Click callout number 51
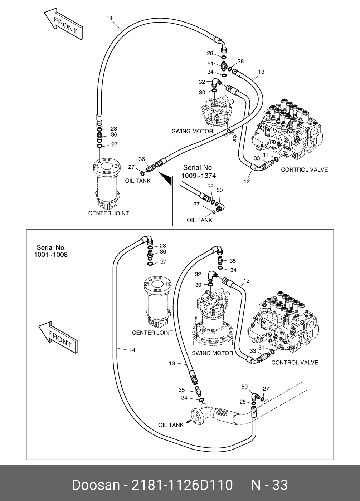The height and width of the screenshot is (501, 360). tap(210, 64)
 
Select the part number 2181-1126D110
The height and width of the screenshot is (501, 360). tap(183, 485)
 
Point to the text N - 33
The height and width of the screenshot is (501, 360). tap(269, 485)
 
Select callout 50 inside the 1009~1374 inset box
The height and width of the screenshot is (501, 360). tap(220, 190)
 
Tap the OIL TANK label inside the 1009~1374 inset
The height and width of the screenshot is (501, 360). tap(199, 220)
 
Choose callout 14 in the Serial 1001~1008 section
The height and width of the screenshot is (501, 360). tap(132, 350)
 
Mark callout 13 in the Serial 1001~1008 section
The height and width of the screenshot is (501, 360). tap(172, 364)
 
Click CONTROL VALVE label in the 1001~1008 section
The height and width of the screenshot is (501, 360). tap(295, 363)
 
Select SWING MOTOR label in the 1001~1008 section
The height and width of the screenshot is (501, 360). tap(212, 353)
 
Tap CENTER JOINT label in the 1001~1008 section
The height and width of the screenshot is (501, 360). tap(152, 333)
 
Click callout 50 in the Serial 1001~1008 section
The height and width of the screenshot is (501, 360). tap(244, 387)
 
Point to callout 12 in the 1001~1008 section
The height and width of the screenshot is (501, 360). tap(246, 281)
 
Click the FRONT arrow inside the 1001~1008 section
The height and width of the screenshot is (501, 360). tap(58, 338)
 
